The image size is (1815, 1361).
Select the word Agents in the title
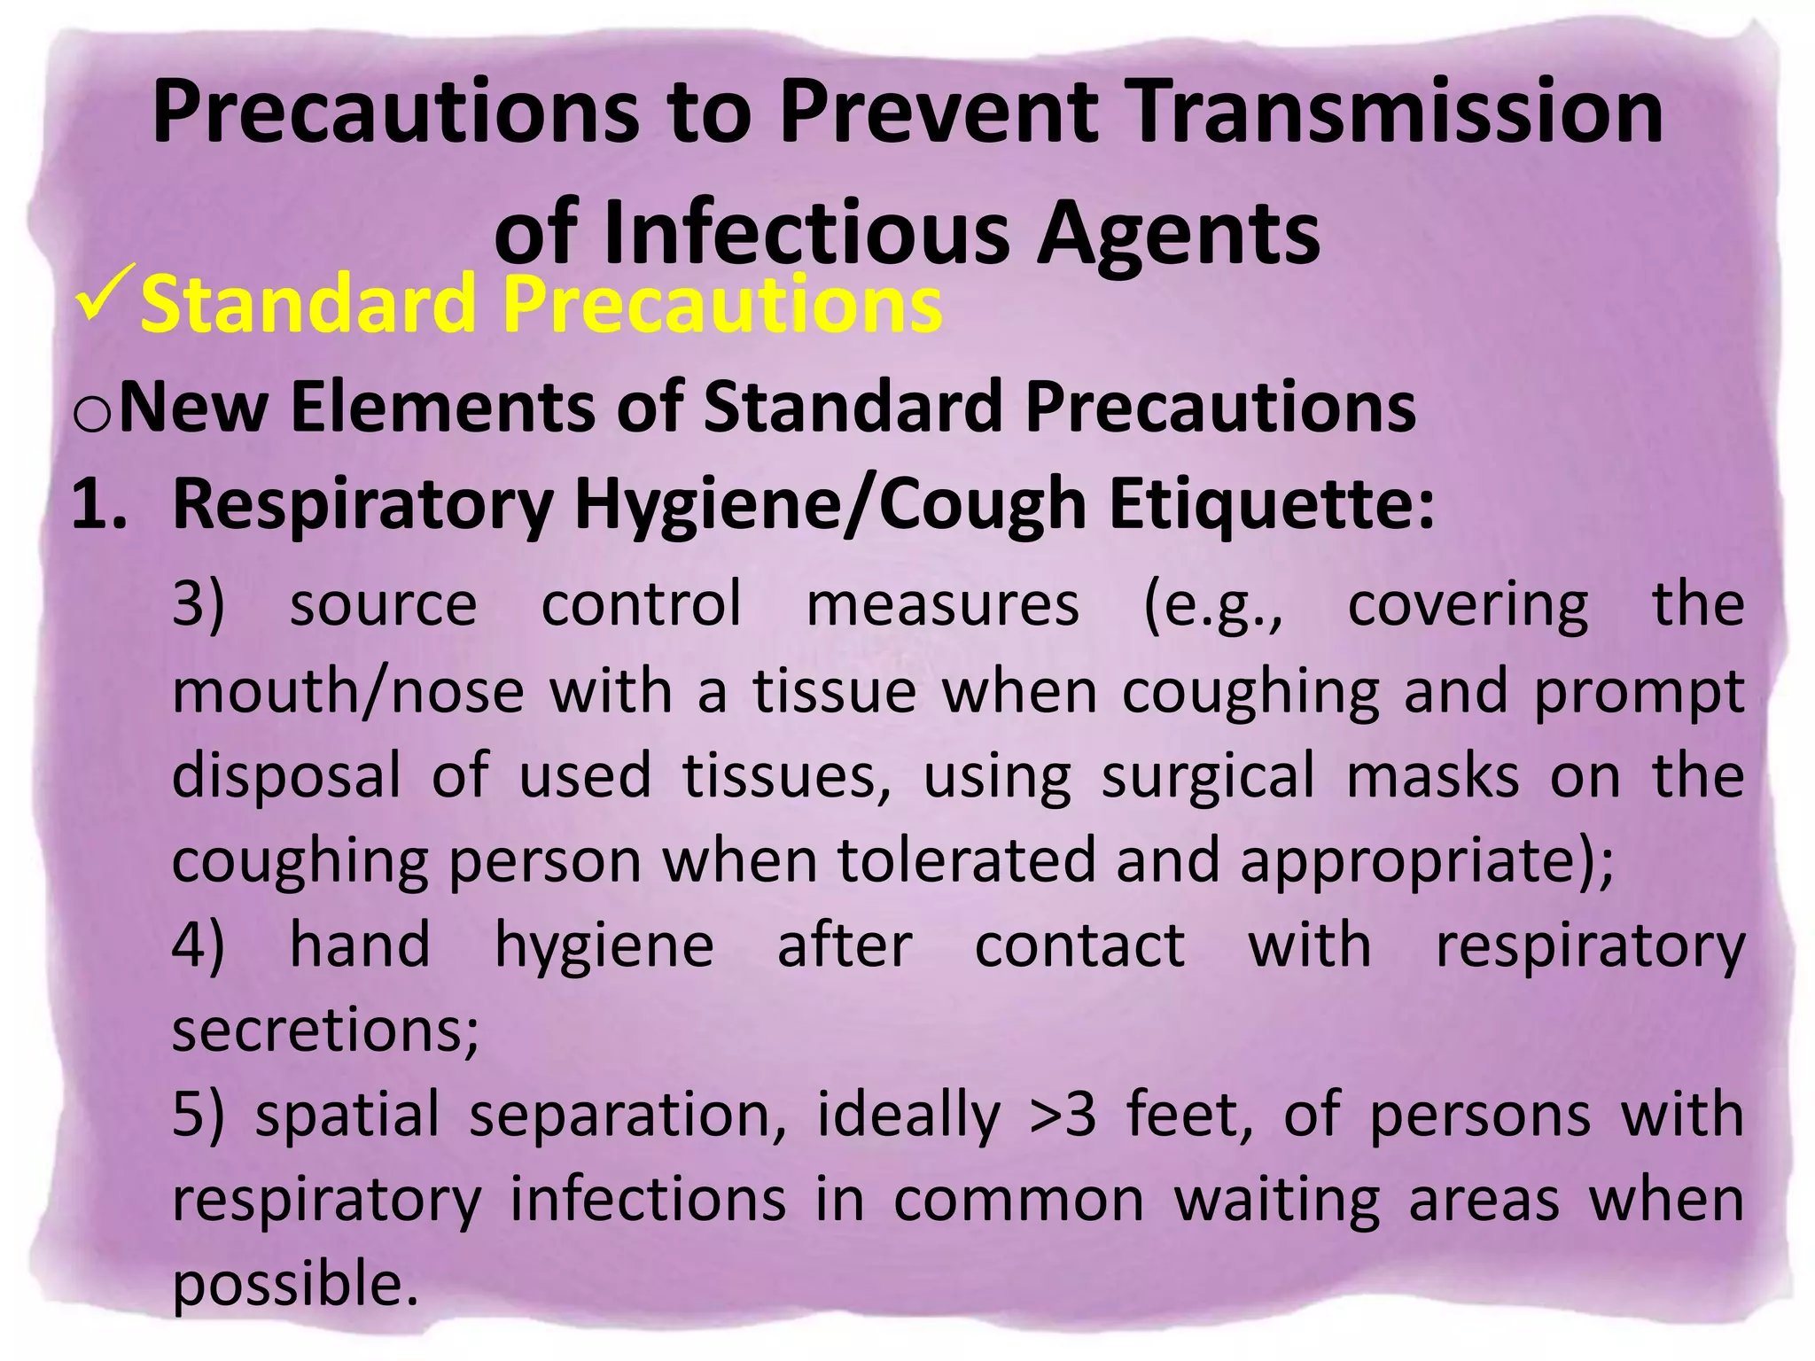[1179, 233]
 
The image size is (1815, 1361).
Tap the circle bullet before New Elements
[92, 414]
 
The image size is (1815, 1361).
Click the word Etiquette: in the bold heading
[1271, 504]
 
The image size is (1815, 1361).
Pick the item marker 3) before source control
[198, 605]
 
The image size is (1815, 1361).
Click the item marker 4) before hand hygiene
[198, 945]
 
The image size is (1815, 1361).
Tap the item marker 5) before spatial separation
[198, 1115]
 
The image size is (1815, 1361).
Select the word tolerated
[966, 861]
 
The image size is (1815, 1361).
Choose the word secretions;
[325, 1030]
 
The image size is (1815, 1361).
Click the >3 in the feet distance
[1063, 1115]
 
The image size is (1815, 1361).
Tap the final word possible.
[294, 1285]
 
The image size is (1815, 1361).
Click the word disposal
[286, 777]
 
